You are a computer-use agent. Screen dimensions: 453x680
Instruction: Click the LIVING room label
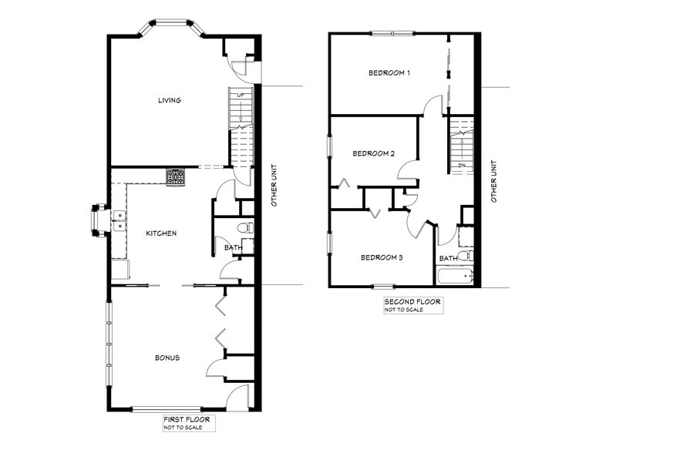click(169, 100)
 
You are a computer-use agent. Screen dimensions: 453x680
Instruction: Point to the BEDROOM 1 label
click(389, 73)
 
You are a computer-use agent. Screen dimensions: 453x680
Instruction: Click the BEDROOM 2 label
click(373, 153)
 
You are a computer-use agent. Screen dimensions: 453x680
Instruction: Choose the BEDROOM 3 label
click(382, 257)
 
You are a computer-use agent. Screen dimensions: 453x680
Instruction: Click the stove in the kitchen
click(176, 176)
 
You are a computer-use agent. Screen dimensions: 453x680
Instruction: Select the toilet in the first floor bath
click(245, 227)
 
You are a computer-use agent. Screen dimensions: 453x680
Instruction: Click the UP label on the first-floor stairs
click(241, 95)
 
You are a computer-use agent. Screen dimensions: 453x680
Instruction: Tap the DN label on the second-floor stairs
click(461, 165)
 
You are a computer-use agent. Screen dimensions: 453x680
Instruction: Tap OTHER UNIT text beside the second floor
click(494, 182)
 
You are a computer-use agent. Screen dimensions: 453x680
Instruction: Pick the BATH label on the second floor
click(448, 258)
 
